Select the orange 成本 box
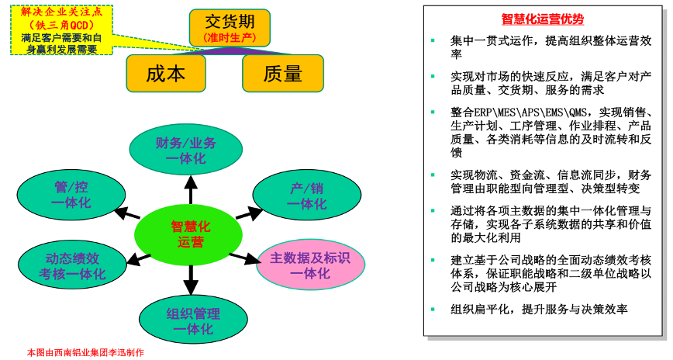[166, 74]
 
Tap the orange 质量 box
[282, 74]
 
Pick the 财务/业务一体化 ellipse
[186, 151]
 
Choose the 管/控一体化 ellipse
[71, 195]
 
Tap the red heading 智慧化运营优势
[543, 19]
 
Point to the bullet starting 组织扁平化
[539, 309]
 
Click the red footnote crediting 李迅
[86, 352]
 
